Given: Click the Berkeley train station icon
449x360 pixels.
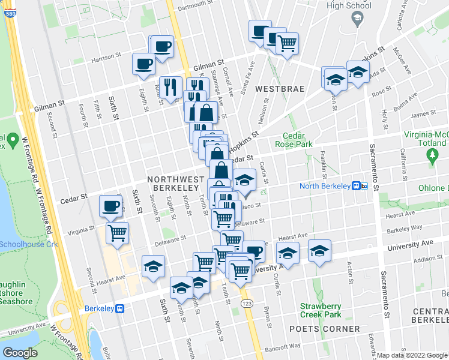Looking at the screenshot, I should coord(121,308).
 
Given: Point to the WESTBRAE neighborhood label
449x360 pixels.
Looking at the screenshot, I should coord(279,89).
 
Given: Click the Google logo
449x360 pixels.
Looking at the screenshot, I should coord(20,353).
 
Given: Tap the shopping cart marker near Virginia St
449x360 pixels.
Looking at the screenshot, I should coord(118,232).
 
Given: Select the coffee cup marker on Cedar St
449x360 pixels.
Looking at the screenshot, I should coord(111,206).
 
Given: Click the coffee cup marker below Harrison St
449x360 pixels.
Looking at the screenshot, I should coord(143,64).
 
